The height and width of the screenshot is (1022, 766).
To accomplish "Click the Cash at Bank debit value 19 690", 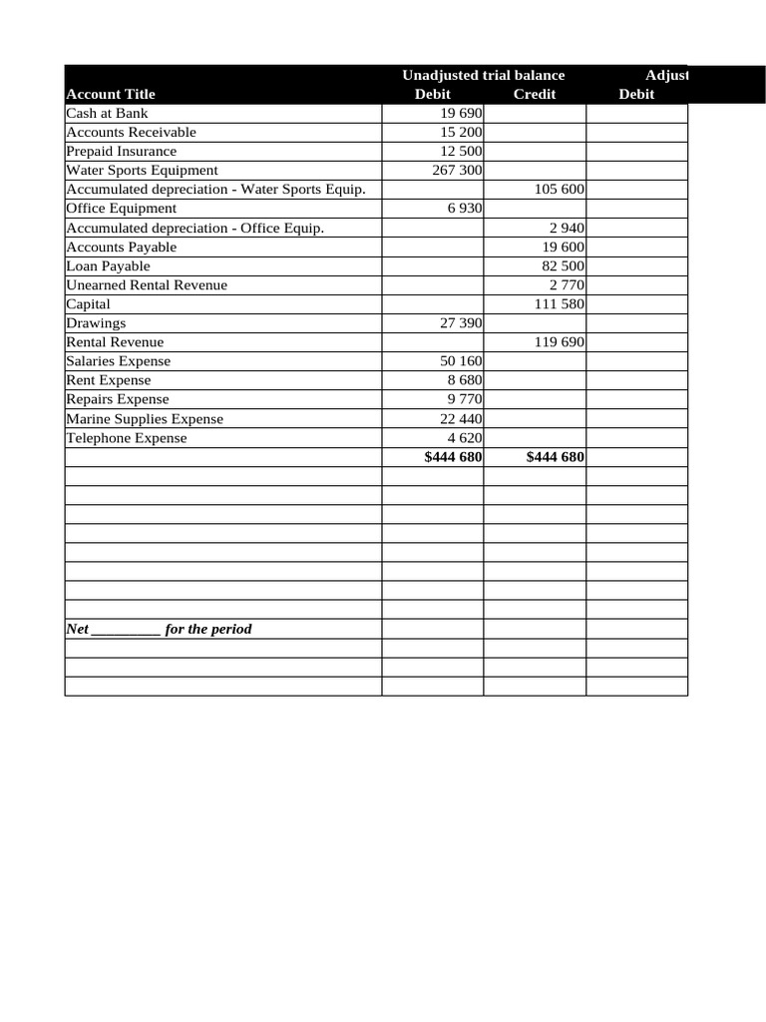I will [461, 113].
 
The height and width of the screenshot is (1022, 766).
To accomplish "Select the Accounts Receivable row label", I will [131, 132].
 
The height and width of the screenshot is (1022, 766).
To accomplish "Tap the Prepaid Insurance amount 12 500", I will [461, 151].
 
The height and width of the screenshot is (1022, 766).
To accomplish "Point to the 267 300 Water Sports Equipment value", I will [457, 170].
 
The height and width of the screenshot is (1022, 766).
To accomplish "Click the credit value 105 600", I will [559, 189].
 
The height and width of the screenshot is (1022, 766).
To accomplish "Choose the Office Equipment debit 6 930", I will [465, 208].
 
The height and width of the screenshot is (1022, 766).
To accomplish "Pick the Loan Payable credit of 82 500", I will [563, 265].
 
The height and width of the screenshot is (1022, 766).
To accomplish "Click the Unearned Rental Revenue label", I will [147, 284].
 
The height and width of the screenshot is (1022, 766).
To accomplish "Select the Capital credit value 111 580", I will [559, 303].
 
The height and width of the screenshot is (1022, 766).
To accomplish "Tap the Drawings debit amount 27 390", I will [461, 323].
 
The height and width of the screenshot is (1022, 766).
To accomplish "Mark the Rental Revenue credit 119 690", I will [559, 342].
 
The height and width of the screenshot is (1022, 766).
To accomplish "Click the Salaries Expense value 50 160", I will [461, 361].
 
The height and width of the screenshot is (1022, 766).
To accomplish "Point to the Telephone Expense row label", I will [126, 438].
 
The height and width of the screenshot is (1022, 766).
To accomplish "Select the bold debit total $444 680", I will [453, 457].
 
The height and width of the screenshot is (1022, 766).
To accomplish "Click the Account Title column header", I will [111, 94].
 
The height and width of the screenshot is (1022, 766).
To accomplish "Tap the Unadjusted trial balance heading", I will [483, 75].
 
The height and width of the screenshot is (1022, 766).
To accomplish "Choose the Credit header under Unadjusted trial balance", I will [534, 94].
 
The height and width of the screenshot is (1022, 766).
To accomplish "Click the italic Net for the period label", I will [159, 629].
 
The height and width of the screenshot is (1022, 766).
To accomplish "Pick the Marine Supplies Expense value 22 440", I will [461, 419].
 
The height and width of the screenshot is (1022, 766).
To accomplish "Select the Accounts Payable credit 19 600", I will [563, 247].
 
